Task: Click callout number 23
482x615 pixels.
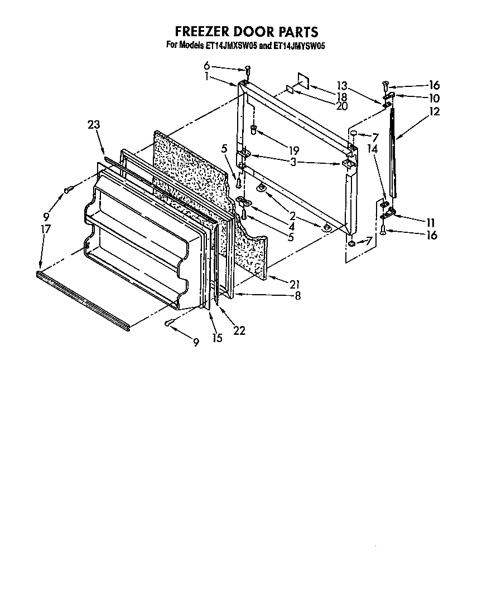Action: [94, 125]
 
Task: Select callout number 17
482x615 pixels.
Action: [46, 228]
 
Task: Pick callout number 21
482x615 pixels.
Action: [295, 284]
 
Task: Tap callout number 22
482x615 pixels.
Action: [239, 330]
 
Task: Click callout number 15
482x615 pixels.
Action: [216, 338]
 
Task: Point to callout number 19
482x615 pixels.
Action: [292, 150]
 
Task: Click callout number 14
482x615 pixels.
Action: [372, 149]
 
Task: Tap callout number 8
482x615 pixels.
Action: [297, 297]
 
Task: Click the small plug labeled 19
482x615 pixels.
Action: [254, 130]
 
